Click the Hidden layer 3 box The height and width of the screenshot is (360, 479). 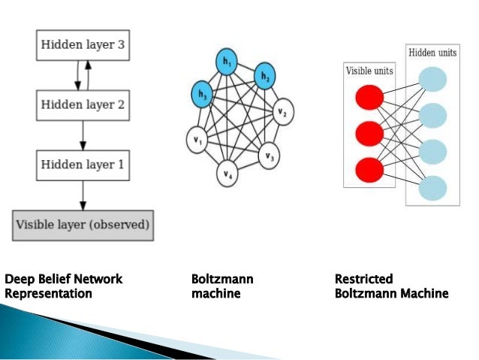83,46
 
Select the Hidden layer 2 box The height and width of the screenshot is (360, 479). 83,104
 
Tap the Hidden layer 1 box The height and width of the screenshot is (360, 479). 83,163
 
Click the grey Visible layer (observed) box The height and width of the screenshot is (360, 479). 83,224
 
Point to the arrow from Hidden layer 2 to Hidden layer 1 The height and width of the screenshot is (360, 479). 83,134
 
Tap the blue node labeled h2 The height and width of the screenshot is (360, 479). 264,76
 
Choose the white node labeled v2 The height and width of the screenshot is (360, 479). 283,113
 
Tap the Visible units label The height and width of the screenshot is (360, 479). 369,71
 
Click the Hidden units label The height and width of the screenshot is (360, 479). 432,53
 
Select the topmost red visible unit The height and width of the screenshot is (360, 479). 369,97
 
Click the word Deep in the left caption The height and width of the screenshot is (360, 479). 18,280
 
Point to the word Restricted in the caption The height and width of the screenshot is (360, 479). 363,280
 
